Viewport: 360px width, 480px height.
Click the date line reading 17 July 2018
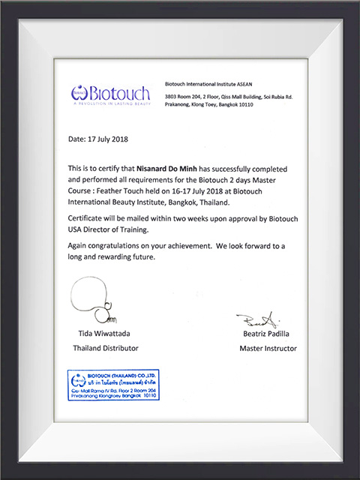pos(100,139)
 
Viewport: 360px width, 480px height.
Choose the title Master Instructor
pos(268,348)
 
